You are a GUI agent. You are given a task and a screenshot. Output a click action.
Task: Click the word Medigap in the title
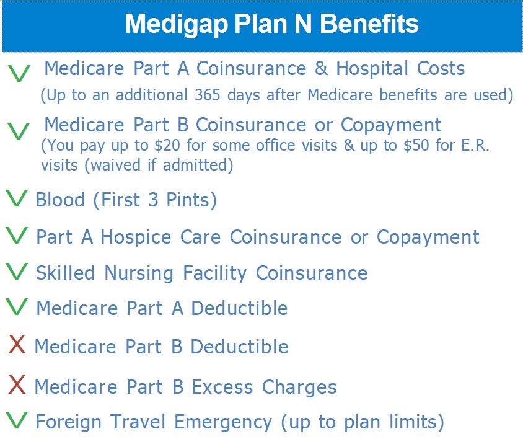coord(177,24)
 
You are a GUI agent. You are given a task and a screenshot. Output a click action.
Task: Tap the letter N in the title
coord(303,24)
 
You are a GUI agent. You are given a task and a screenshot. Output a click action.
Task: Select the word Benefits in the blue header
coord(369,24)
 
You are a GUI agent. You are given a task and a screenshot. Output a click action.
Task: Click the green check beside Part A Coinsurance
coord(19,73)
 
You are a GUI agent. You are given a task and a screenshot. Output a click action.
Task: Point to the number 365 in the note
coord(208,95)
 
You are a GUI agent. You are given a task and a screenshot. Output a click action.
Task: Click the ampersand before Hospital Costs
coord(321,68)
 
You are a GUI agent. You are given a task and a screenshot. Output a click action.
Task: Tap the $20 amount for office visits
coord(167,145)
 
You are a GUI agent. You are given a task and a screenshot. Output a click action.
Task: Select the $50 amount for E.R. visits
coord(416,145)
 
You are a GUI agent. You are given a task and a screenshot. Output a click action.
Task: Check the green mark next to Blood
coord(16,198)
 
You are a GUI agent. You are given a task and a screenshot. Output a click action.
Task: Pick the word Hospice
coord(136,237)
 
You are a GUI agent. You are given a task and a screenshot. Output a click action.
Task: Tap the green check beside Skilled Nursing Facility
coord(16,271)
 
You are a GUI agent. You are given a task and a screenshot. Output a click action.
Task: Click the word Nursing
coord(139,273)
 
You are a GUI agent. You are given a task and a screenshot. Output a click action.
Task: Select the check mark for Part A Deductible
coord(16,307)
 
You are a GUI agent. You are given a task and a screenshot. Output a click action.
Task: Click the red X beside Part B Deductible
coord(17,344)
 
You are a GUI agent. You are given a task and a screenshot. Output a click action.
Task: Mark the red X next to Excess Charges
coord(17,384)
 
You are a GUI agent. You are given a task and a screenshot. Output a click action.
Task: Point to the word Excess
coord(222,388)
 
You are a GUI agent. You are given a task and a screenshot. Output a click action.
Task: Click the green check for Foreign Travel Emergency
coord(16,420)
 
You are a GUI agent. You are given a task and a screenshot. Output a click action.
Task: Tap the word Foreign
coord(68,422)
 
